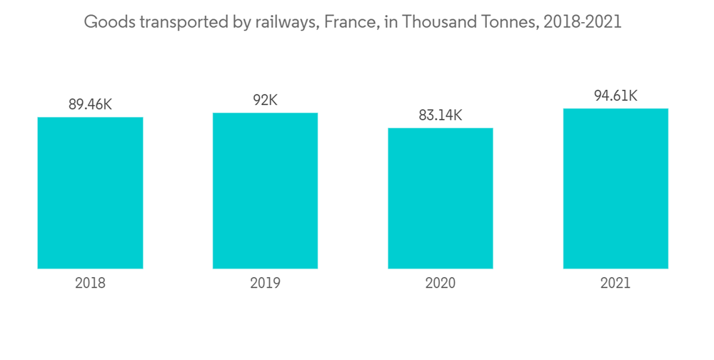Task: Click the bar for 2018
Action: click(90, 193)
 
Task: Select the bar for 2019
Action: click(265, 191)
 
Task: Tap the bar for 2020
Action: click(440, 199)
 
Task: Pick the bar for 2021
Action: click(615, 189)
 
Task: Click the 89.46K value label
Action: click(90, 104)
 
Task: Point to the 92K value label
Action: click(265, 100)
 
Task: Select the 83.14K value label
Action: click(440, 115)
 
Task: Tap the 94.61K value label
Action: click(615, 96)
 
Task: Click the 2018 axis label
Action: click(90, 283)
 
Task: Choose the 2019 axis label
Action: click(265, 283)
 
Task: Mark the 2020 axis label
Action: click(440, 283)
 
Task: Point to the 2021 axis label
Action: click(615, 283)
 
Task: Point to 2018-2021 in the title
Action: click(582, 22)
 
